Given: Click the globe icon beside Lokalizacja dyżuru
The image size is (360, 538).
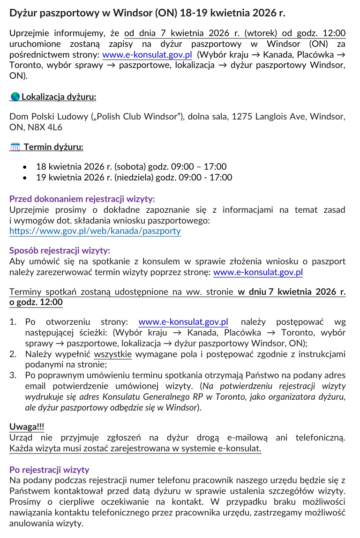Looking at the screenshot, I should point(15,97).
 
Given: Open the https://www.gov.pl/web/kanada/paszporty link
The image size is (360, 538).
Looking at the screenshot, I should point(95,231).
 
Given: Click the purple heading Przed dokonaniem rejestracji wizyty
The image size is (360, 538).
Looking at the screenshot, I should point(82,199).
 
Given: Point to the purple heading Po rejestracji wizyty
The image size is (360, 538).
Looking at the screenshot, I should point(49,470).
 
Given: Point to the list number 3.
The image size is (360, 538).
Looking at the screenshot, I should point(13,375).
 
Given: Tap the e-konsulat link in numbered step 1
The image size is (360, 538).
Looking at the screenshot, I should point(183,322).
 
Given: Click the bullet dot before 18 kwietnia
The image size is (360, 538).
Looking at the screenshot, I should point(25,167).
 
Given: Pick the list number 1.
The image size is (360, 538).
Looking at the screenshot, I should point(13,322).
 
